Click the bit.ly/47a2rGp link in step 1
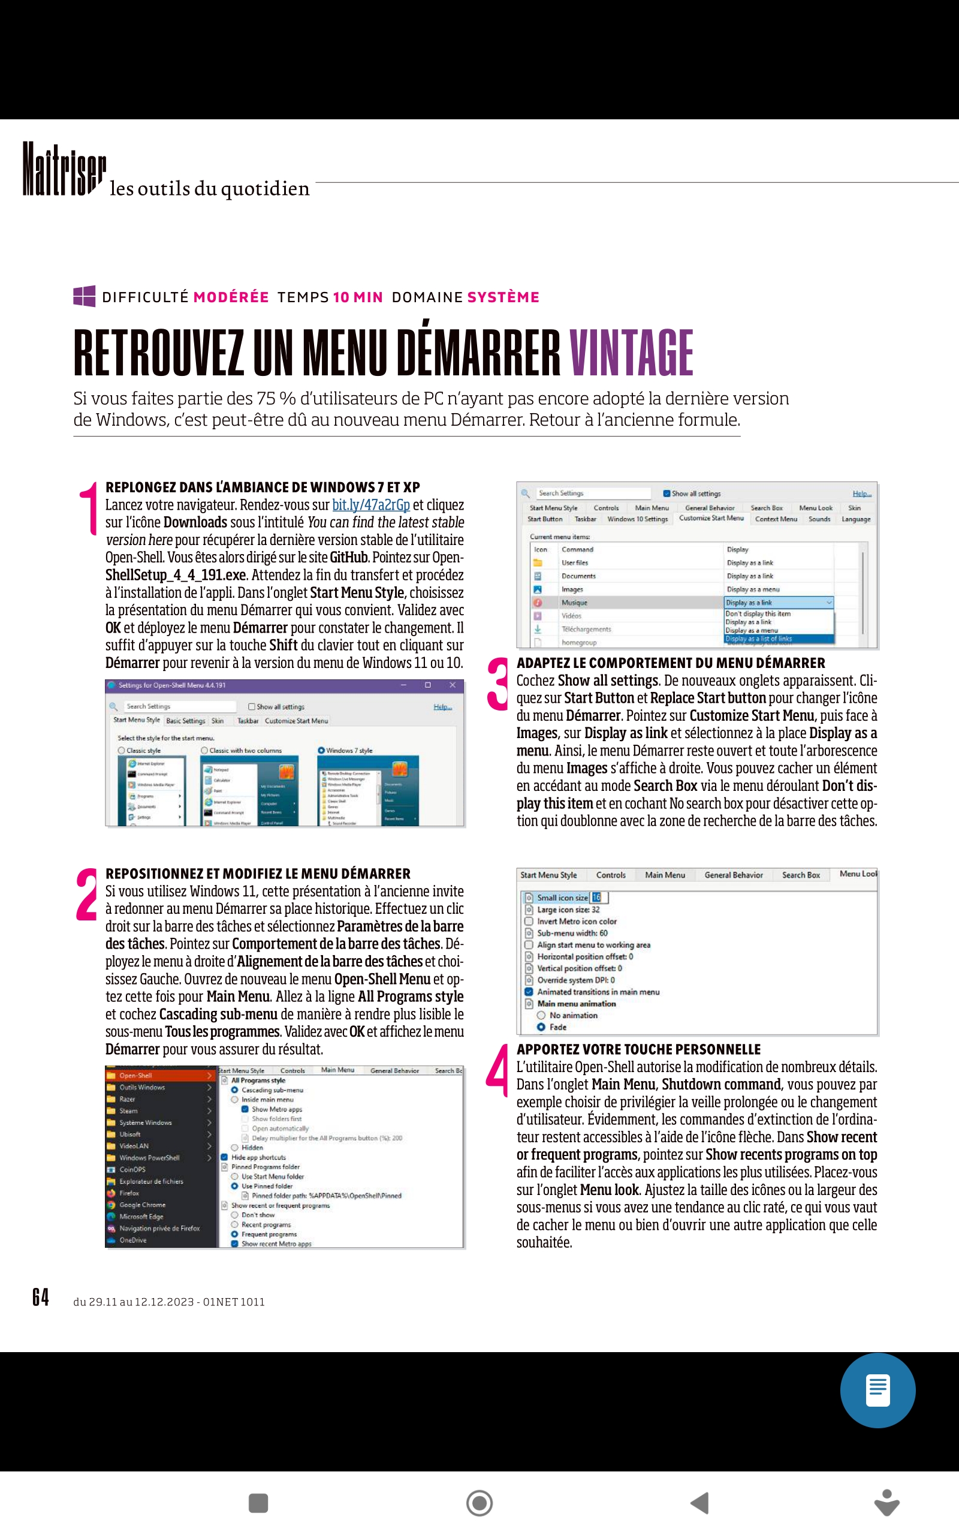tap(370, 505)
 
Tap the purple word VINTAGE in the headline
tap(631, 353)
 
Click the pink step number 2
tap(86, 895)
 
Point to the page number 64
tap(41, 1297)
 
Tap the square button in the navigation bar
tap(258, 1503)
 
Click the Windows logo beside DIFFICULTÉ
tap(85, 296)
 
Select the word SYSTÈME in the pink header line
tap(503, 297)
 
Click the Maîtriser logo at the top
tap(64, 168)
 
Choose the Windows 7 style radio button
tap(322, 750)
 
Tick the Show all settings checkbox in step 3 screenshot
tap(667, 493)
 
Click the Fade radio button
tap(541, 1027)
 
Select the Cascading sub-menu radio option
tap(235, 1089)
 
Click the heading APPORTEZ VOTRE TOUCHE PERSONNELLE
tap(638, 1049)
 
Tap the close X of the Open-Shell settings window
tap(452, 685)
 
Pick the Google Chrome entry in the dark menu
tap(143, 1205)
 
